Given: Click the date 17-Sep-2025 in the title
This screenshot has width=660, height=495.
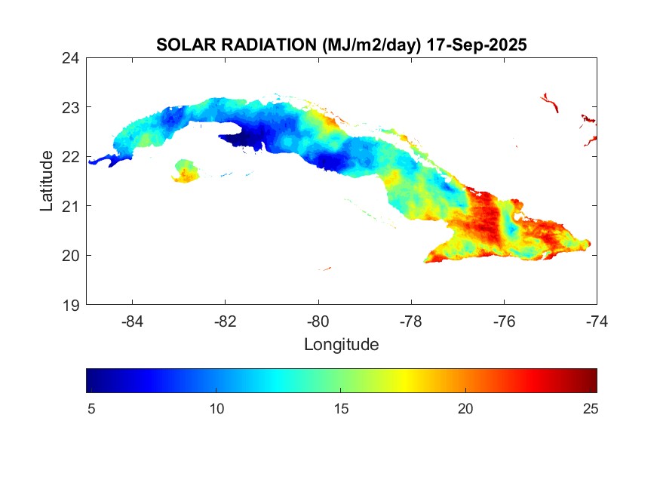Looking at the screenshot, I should click(x=476, y=45).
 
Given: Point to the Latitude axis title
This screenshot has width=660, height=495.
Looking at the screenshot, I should click(x=47, y=180).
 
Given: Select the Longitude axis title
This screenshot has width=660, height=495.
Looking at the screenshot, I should click(x=341, y=345).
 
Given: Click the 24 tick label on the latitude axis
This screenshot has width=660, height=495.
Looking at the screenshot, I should click(x=72, y=57).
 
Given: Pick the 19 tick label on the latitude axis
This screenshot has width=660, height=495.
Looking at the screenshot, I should click(x=72, y=305).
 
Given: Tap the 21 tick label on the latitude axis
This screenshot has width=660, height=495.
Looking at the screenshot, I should click(x=72, y=206).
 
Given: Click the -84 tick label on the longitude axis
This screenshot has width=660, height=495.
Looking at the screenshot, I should click(x=133, y=321).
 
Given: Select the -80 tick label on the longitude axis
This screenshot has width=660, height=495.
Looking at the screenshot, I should click(x=318, y=321).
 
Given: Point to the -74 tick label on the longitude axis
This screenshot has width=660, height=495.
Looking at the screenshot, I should click(x=597, y=321).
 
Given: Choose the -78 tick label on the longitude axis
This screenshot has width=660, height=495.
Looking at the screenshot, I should click(x=411, y=321).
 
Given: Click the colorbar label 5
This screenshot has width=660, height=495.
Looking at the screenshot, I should click(x=90, y=409).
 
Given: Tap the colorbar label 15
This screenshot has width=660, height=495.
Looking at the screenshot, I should click(x=341, y=409).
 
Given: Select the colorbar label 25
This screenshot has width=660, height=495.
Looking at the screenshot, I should click(x=591, y=409).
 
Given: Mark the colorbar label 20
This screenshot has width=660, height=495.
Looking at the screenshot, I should click(x=466, y=409).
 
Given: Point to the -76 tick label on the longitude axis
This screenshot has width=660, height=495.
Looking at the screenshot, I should click(x=504, y=321).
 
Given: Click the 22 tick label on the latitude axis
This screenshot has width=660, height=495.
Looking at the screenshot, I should click(x=72, y=156).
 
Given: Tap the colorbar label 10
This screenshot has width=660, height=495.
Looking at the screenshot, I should click(x=216, y=409).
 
